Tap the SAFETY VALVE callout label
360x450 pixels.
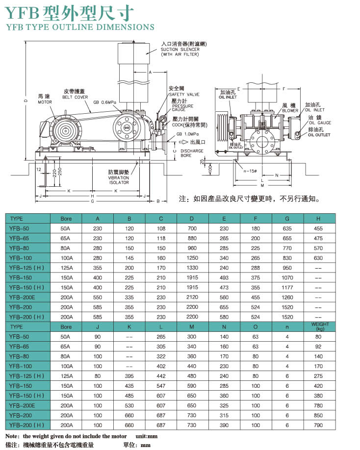click(x=184, y=95)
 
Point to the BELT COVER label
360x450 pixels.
click(x=75, y=97)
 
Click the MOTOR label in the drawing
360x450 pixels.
click(x=45, y=102)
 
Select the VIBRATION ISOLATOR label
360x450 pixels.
click(x=119, y=180)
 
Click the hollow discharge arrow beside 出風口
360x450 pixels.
click(x=183, y=142)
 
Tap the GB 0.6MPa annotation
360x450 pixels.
click(x=105, y=102)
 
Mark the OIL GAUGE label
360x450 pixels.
click(x=320, y=123)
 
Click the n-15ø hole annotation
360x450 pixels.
click(x=250, y=171)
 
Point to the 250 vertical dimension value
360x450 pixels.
click(x=60, y=172)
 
